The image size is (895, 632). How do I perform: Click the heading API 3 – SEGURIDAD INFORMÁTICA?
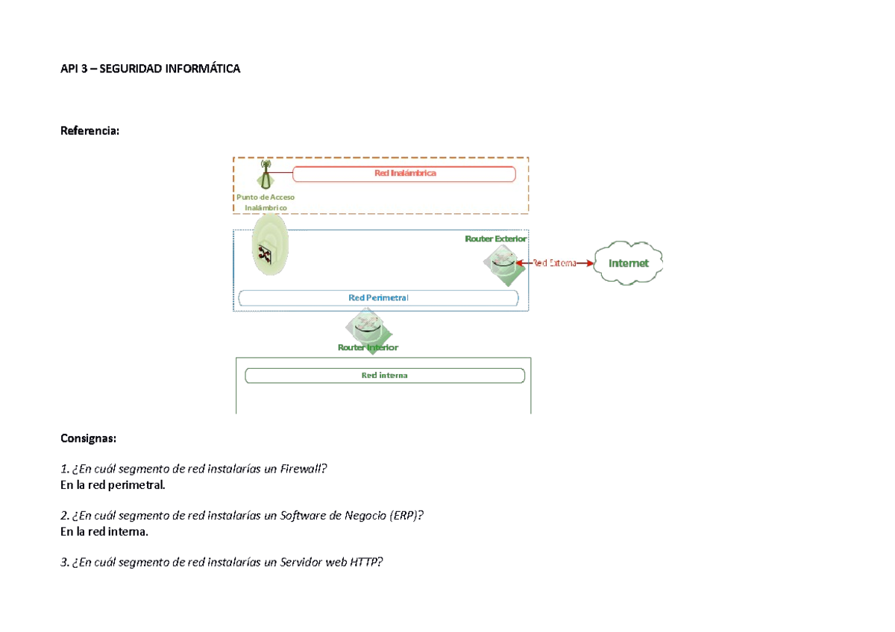[x=150, y=69]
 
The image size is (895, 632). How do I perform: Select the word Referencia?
[x=90, y=130]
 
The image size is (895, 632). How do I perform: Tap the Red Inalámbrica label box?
[x=404, y=174]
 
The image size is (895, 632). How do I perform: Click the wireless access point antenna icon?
[x=266, y=174]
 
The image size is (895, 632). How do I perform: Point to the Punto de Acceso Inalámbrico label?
[x=266, y=202]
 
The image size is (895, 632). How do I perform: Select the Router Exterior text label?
[x=495, y=238]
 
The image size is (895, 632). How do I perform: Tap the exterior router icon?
[x=504, y=265]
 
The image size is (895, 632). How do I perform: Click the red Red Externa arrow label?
[x=555, y=263]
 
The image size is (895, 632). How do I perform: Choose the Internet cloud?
[x=628, y=263]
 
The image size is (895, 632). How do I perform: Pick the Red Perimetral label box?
[x=378, y=298]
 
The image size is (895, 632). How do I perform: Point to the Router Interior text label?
[x=368, y=347]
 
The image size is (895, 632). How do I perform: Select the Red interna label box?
[x=385, y=376]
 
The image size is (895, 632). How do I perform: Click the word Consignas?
[x=88, y=438]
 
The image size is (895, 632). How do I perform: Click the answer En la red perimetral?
[x=113, y=485]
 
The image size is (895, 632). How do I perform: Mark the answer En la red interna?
[x=104, y=532]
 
